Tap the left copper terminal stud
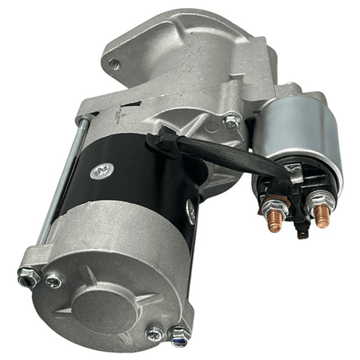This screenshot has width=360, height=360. pos(274,221)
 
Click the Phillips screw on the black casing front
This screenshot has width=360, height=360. pos(102,171)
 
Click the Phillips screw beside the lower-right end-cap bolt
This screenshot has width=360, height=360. pos(154,333)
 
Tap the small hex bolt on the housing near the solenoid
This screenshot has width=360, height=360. pos(231,120)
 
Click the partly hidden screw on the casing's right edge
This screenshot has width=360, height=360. pos(191,210)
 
